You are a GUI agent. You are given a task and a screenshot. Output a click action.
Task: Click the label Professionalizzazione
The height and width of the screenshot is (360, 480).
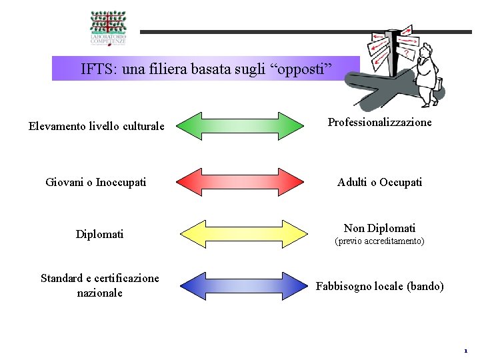(x=379, y=122)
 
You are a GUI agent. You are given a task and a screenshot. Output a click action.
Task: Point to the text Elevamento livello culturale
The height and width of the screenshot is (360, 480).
(x=97, y=125)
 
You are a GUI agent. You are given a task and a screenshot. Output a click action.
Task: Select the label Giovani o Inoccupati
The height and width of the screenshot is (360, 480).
(x=96, y=182)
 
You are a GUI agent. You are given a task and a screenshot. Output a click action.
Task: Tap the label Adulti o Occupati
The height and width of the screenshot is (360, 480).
(x=379, y=182)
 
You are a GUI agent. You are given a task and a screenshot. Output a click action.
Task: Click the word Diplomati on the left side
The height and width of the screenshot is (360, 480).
(x=99, y=234)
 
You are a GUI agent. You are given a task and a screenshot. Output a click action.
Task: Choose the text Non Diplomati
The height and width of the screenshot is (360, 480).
(x=379, y=228)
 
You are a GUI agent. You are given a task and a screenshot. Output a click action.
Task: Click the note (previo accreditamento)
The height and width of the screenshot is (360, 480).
(x=379, y=241)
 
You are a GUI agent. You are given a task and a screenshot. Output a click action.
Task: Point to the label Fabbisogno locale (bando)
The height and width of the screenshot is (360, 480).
(x=379, y=286)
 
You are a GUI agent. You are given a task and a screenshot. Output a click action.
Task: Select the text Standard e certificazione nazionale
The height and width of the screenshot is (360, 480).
(x=100, y=285)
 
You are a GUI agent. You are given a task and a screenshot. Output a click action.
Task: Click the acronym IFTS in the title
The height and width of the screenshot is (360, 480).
(x=96, y=68)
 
